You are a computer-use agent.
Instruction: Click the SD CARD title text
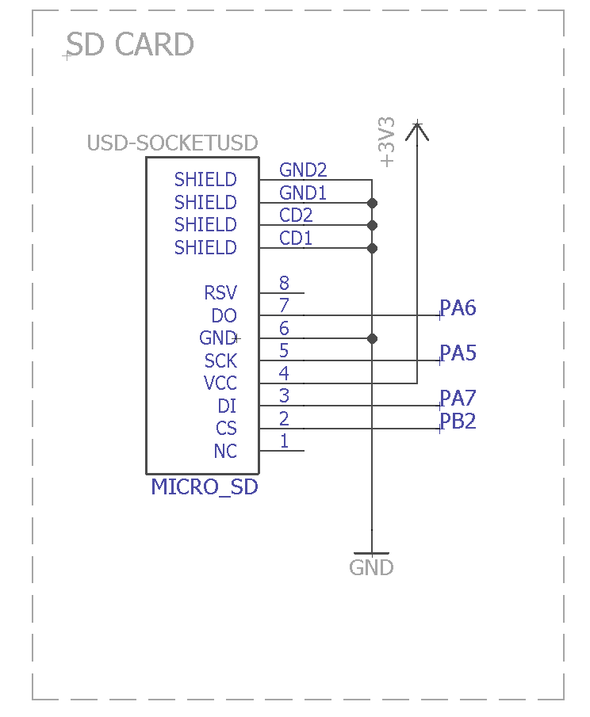tap(131, 45)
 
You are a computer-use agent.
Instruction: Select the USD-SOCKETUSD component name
tap(172, 143)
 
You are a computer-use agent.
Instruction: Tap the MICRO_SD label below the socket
tap(205, 486)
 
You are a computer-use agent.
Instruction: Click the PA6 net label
tap(458, 308)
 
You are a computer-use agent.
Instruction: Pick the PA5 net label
tap(458, 353)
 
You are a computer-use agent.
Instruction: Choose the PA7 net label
tap(458, 399)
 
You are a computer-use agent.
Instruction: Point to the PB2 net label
tap(458, 421)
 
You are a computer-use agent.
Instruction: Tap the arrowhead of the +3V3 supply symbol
tap(416, 129)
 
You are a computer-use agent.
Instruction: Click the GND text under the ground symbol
tap(371, 568)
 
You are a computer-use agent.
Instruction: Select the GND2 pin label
tap(303, 170)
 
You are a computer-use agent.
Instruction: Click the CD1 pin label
tap(296, 238)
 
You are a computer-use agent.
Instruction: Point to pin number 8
tap(284, 283)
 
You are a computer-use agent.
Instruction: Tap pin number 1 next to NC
tap(284, 441)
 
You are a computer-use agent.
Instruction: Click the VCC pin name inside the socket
tap(220, 383)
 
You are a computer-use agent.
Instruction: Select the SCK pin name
tap(220, 361)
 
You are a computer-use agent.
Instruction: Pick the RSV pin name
tap(220, 293)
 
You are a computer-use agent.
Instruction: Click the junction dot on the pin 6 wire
tap(372, 338)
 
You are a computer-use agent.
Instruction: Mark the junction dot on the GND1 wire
tap(372, 203)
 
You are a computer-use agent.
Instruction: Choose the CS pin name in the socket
tap(226, 429)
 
